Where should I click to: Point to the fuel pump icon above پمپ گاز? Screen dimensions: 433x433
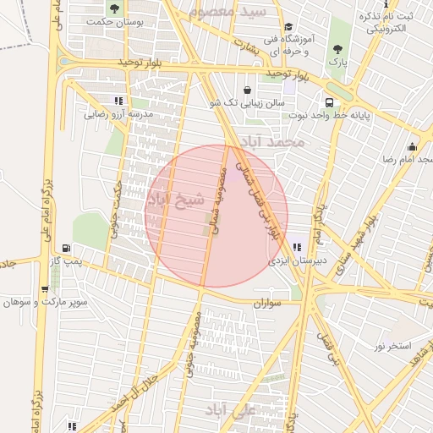tap(66, 249)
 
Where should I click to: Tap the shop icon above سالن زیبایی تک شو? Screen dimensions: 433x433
tap(246, 90)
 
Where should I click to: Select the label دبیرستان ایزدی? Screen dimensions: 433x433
tap(290, 261)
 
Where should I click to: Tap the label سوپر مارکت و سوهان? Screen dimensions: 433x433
tap(39, 302)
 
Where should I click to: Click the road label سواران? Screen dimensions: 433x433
tap(266, 302)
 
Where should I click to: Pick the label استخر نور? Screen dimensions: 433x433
tap(392, 346)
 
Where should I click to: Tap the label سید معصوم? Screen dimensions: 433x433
tap(239, 12)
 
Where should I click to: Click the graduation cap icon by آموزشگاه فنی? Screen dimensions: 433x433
tap(288, 26)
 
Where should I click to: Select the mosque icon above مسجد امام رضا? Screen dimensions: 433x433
tap(412, 145)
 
